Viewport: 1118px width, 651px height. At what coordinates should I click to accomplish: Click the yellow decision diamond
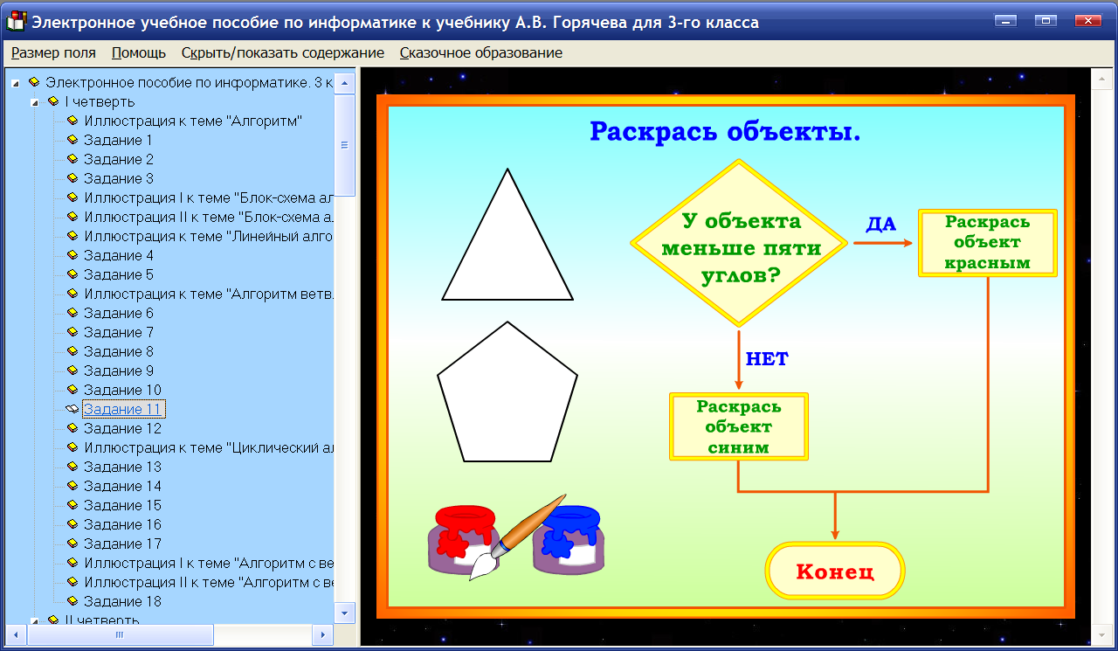point(739,244)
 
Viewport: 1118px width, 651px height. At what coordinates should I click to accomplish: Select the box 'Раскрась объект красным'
point(987,243)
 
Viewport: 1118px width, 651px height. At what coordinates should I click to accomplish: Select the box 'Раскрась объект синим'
point(738,426)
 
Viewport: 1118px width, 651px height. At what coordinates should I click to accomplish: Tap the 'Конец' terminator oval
point(834,571)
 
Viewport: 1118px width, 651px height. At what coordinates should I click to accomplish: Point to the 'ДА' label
point(880,225)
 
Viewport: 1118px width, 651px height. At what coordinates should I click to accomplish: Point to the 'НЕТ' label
point(767,359)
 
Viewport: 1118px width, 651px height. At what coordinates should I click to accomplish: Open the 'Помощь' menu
point(139,52)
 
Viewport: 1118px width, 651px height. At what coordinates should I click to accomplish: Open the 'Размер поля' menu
point(53,52)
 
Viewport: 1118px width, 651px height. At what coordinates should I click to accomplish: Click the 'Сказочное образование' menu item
point(480,52)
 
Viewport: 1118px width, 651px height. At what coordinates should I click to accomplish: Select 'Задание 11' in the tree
point(122,409)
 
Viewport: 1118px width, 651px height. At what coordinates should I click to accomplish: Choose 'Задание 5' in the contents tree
point(118,274)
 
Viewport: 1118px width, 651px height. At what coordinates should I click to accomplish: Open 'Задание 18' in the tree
point(122,601)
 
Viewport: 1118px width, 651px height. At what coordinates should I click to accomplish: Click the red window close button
point(1087,21)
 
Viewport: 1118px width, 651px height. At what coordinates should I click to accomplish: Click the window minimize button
point(1009,21)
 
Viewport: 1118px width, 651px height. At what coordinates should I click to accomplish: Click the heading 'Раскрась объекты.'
point(725,132)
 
